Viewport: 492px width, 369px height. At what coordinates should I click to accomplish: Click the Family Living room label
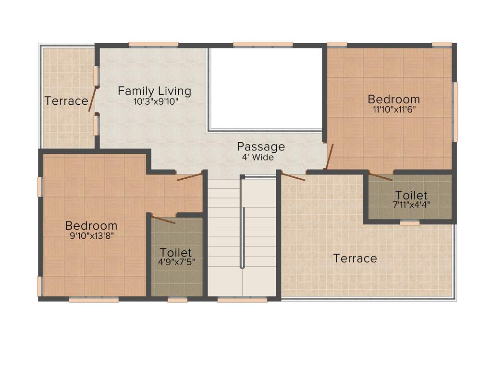[154, 91]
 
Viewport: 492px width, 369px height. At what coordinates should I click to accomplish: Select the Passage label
[261, 147]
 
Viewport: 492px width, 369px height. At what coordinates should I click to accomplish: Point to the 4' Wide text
[258, 157]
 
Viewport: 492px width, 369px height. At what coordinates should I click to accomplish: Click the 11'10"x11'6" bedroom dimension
[394, 109]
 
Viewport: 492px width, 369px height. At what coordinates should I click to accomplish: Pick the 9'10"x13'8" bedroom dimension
[91, 235]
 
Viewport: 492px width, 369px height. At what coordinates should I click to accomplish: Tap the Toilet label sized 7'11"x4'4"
[411, 195]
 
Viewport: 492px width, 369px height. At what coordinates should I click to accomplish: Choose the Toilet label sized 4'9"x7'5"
[176, 252]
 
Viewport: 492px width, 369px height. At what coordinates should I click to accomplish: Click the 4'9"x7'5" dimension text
[176, 262]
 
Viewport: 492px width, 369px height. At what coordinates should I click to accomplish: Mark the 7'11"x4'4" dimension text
[411, 204]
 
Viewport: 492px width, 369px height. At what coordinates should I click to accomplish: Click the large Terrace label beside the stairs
[355, 258]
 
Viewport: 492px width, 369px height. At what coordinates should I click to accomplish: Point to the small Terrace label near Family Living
[66, 101]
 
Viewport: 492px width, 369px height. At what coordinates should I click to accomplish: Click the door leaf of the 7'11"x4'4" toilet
[380, 176]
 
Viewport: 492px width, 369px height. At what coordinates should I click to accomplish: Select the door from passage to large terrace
[293, 177]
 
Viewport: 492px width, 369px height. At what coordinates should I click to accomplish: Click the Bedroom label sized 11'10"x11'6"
[394, 99]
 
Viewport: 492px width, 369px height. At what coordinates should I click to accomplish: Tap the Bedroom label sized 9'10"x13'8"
[91, 225]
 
